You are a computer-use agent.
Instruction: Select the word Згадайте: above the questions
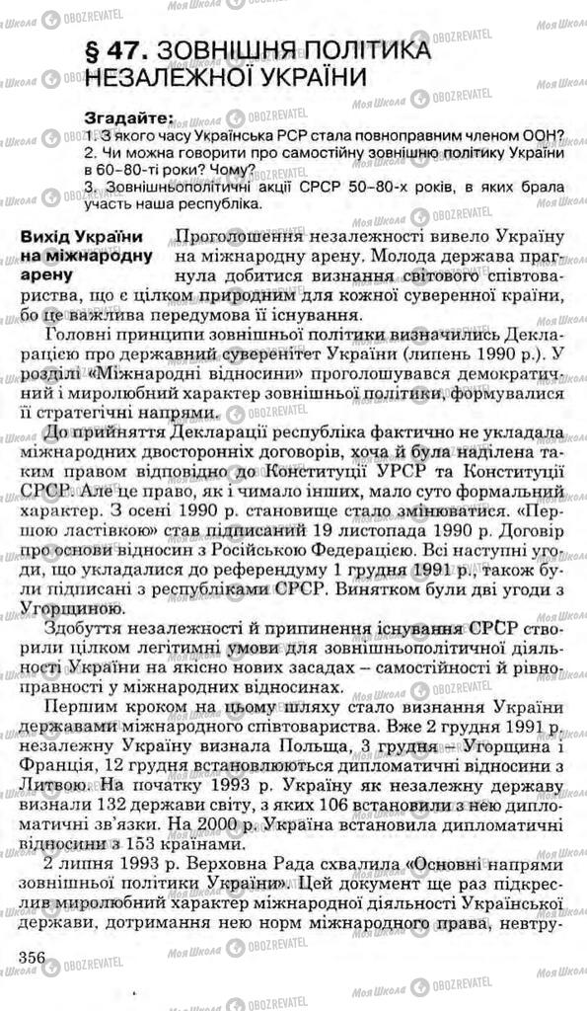129,117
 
